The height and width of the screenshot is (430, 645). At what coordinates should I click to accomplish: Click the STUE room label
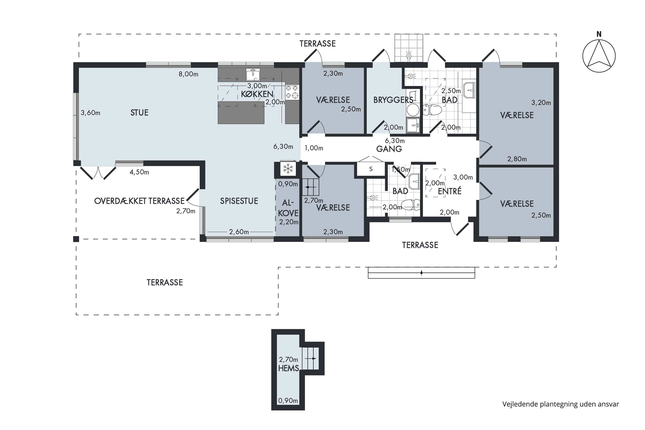point(139,113)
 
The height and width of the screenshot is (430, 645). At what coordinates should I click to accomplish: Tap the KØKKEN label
point(257,94)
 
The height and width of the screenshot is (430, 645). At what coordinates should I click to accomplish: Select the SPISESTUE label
point(239,201)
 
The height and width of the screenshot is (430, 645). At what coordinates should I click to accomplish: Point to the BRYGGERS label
point(393,100)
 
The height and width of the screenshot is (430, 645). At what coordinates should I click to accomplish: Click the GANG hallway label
point(389,149)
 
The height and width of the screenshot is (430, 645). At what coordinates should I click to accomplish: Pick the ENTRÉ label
point(450,191)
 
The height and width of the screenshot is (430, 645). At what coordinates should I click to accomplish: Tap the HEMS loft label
point(288,368)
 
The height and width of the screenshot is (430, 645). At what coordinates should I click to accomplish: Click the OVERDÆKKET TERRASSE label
point(139,201)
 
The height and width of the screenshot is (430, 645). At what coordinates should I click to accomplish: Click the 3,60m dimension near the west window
point(91,113)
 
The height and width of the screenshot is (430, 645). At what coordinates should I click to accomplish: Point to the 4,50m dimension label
point(139,172)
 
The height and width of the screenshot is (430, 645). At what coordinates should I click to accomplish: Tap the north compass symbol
point(599,56)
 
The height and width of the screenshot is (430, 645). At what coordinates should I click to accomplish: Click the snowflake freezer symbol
point(288,169)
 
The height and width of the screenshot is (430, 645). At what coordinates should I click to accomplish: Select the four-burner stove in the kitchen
point(292,92)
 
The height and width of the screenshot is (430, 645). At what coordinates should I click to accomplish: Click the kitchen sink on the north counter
point(253,74)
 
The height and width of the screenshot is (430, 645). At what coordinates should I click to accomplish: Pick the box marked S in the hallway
point(371,169)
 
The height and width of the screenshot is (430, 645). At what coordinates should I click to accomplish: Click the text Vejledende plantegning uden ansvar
point(561,404)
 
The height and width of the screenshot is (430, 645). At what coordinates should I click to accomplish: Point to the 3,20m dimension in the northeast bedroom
point(541,103)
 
